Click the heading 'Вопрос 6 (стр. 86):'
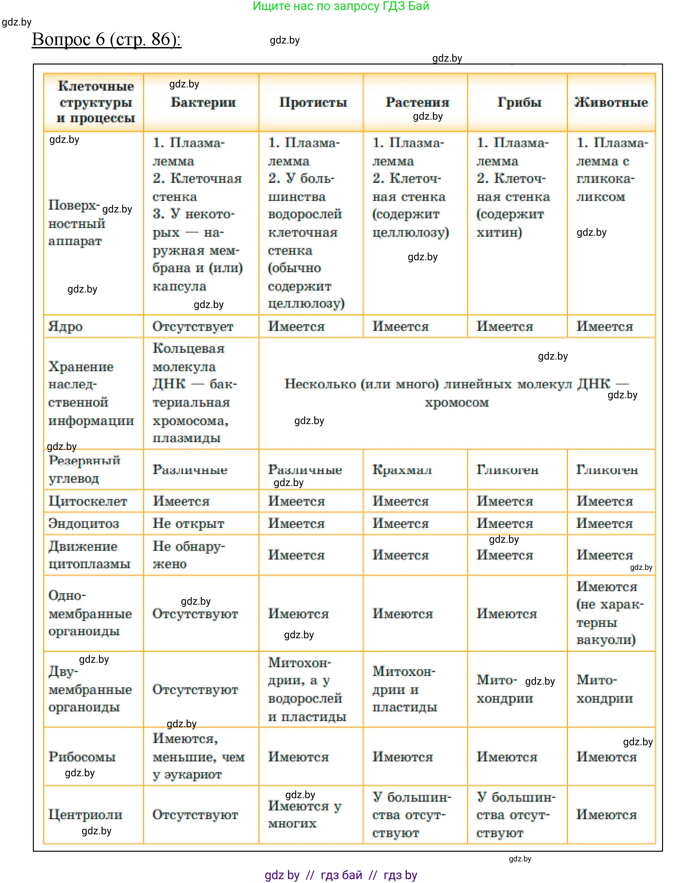pyautogui.click(x=106, y=40)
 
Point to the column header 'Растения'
pyautogui.click(x=417, y=102)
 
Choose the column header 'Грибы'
pyautogui.click(x=519, y=102)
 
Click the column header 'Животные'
pyautogui.click(x=611, y=102)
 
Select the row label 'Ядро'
pyautogui.click(x=65, y=326)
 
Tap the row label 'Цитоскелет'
pyautogui.click(x=88, y=501)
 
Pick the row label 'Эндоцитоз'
pyautogui.click(x=84, y=523)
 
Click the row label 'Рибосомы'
pyautogui.click(x=82, y=757)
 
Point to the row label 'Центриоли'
pyautogui.click(x=85, y=815)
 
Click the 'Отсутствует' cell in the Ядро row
pyautogui.click(x=193, y=326)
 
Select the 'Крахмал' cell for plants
pyautogui.click(x=402, y=470)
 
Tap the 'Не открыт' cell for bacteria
pyautogui.click(x=188, y=523)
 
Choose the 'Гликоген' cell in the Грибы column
pyautogui.click(x=507, y=470)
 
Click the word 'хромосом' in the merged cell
pyautogui.click(x=457, y=403)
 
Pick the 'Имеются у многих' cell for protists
pyautogui.click(x=305, y=815)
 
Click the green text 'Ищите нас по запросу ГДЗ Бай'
pyautogui.click(x=341, y=6)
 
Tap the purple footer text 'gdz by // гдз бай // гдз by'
pyautogui.click(x=341, y=875)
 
